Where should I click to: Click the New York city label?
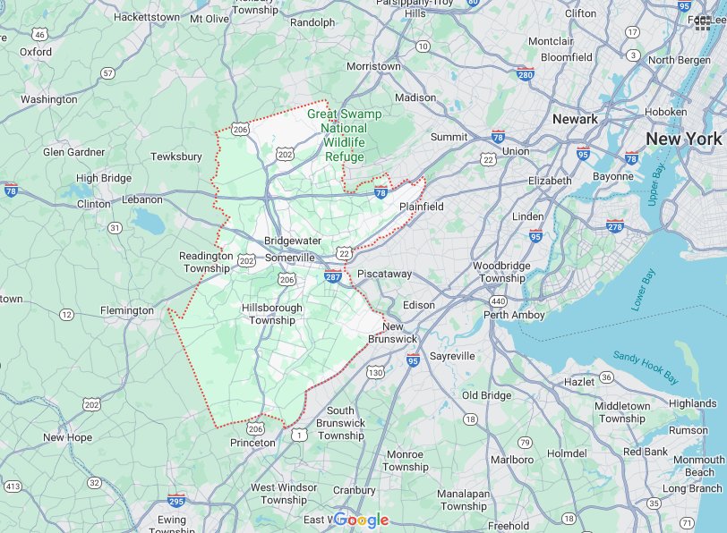pyautogui.click(x=683, y=139)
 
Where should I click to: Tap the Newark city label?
pyautogui.click(x=575, y=119)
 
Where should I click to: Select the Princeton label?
pyautogui.click(x=252, y=443)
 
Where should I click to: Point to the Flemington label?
pyautogui.click(x=127, y=311)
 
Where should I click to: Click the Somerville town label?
pyautogui.click(x=290, y=258)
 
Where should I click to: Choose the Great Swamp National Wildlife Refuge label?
pyautogui.click(x=345, y=135)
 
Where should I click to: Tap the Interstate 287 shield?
pyautogui.click(x=333, y=277)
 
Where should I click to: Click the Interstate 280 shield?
pyautogui.click(x=526, y=74)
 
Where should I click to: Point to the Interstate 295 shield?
pyautogui.click(x=176, y=501)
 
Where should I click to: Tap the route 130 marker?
pyautogui.click(x=375, y=372)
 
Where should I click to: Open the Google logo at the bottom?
pyautogui.click(x=363, y=520)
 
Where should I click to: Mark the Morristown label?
pyautogui.click(x=373, y=67)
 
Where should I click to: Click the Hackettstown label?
pyautogui.click(x=147, y=16)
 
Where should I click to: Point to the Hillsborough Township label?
pyautogui.click(x=272, y=314)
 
